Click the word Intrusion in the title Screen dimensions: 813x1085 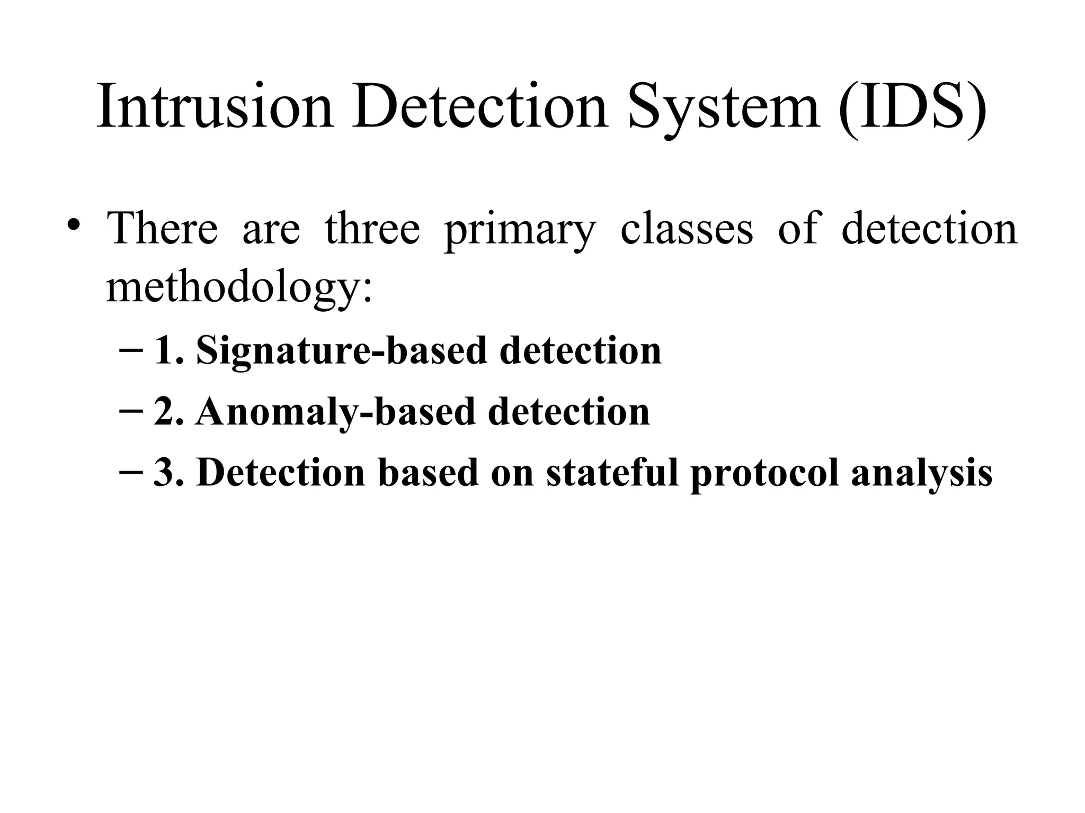[x=215, y=106]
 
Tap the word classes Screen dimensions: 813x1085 [x=686, y=229]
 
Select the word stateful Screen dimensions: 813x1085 [x=612, y=472]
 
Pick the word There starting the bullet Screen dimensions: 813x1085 [x=162, y=228]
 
